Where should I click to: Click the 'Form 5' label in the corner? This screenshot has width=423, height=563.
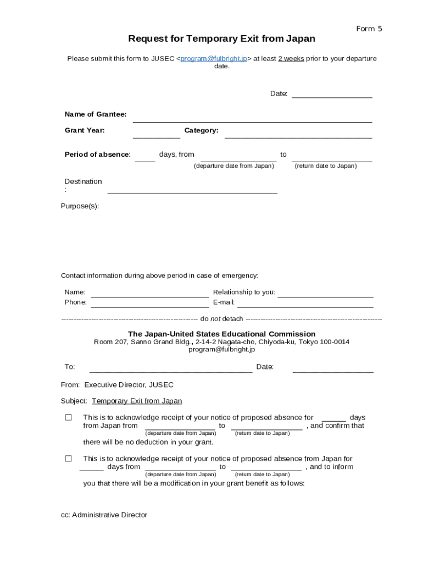coord(369,29)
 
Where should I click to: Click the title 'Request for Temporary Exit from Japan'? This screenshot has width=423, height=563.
coord(221,39)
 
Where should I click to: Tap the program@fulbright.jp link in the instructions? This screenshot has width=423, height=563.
coord(214,58)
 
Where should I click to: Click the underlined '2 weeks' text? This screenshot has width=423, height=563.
coord(291,58)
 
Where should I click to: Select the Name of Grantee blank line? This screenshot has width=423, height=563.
coord(252,117)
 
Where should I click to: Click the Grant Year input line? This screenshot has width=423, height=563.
coord(156,134)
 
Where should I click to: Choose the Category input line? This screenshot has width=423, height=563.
coord(298,134)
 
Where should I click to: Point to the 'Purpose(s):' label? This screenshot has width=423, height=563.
coord(80,206)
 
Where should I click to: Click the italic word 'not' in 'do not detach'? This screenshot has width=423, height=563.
coord(215,319)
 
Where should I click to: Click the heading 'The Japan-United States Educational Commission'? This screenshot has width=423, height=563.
coord(221,334)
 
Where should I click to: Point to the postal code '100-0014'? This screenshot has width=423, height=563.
coord(335,341)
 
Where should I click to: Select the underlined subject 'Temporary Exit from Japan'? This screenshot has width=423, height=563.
coord(137,401)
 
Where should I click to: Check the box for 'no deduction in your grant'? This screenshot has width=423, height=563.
coord(69,417)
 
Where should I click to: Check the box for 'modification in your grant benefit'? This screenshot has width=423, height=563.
coord(69,459)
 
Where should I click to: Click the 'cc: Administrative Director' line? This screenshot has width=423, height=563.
coord(104,515)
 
